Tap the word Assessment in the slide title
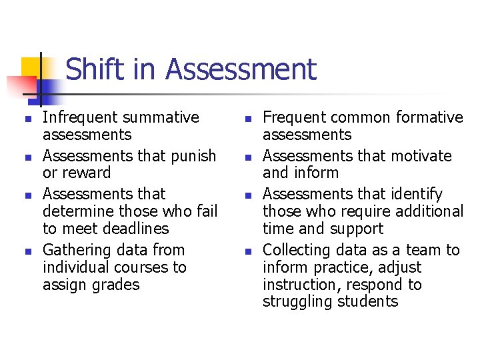pos(241,69)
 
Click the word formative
pos(429,117)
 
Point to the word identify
pos(415,194)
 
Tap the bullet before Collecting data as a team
pos(246,251)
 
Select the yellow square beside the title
pos(31,67)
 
